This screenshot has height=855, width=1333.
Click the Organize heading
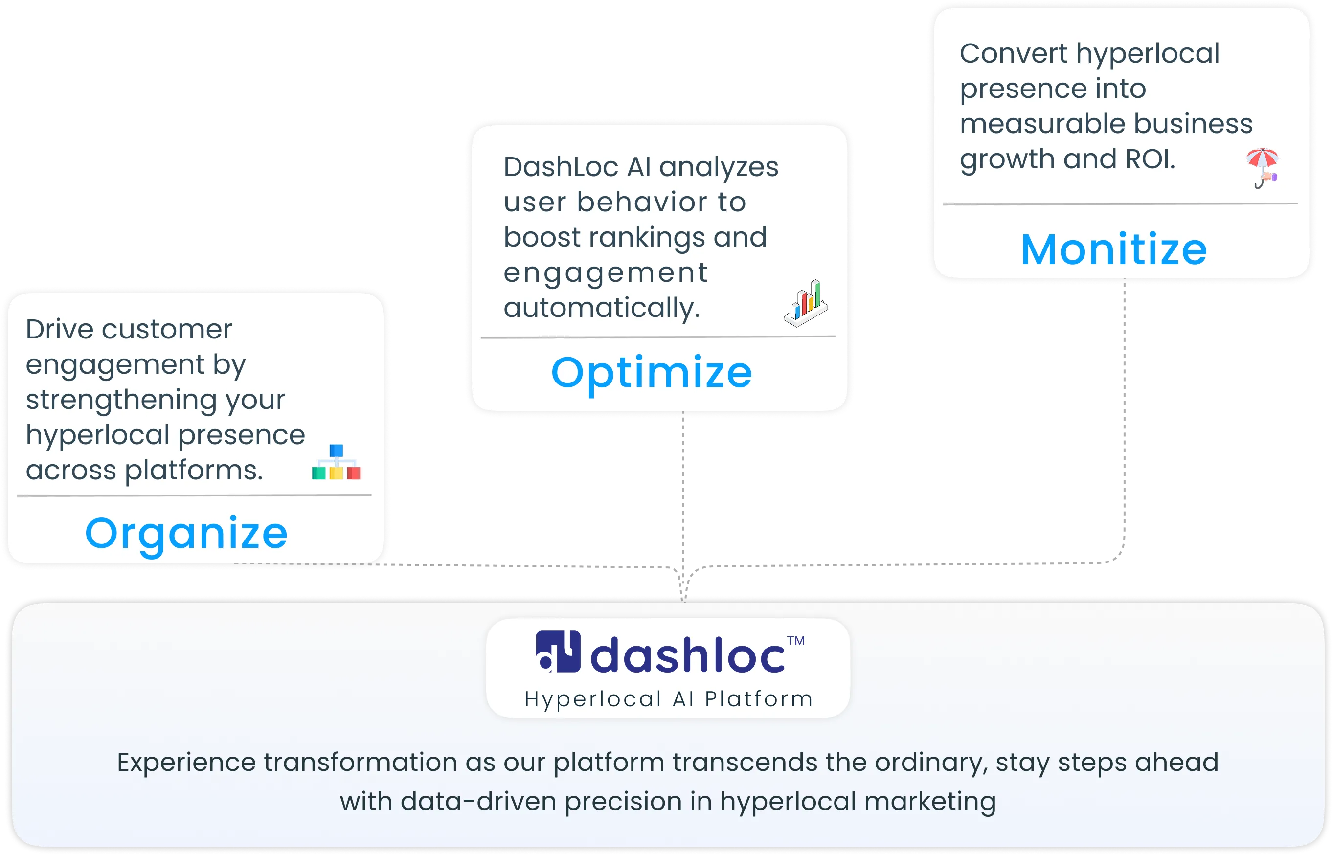click(x=186, y=534)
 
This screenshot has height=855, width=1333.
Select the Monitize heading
click(x=1114, y=249)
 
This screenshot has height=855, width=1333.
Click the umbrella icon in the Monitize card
click(x=1263, y=167)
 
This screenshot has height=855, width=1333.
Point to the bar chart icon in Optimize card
click(x=806, y=303)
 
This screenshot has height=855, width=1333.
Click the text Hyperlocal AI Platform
click(x=668, y=699)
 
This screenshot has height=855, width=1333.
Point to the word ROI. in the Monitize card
click(x=1150, y=159)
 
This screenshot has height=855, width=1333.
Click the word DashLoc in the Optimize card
click(x=561, y=167)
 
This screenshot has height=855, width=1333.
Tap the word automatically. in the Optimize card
click(x=601, y=308)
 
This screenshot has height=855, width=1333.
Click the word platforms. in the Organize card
click(x=193, y=470)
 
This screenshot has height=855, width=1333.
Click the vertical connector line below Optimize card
click(x=683, y=489)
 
